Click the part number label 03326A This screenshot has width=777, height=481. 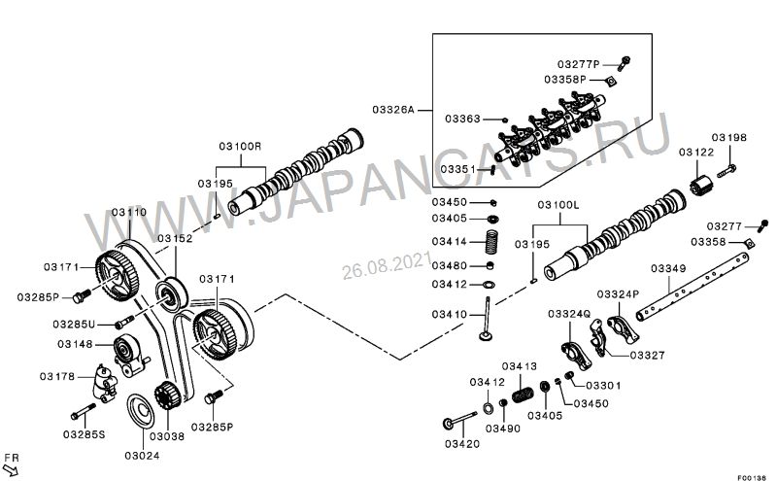[395, 111]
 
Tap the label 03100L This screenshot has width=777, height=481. [557, 206]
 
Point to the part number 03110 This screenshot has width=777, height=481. [128, 211]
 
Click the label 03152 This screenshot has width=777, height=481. [176, 238]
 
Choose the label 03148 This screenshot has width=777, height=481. [75, 343]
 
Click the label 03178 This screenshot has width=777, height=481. [58, 375]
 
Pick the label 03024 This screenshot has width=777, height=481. [142, 455]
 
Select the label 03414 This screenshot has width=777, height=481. [450, 241]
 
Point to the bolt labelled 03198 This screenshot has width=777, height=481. [728, 173]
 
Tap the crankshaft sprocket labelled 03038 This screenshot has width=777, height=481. [163, 397]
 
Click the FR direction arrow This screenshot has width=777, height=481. [12, 470]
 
